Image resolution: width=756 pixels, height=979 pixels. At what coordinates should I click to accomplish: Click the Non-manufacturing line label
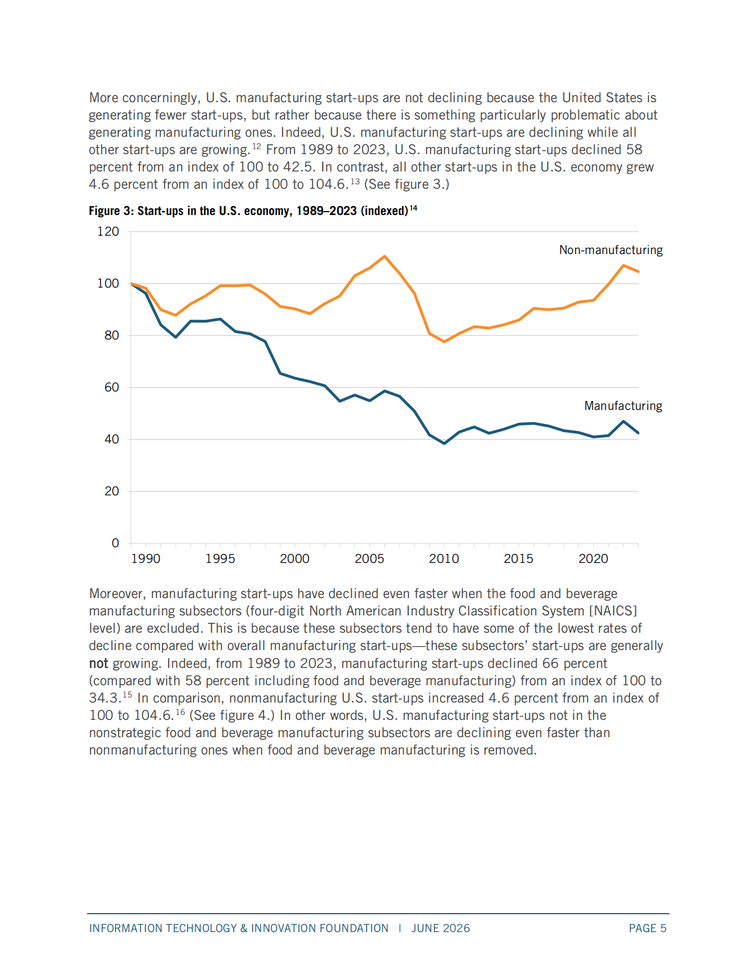coord(611,250)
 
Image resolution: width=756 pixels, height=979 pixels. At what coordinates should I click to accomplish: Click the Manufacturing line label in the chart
coord(623,406)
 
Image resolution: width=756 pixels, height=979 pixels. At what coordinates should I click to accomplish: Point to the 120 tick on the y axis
coord(108,231)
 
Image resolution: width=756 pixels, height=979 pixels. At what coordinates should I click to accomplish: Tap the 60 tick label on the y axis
coord(112,387)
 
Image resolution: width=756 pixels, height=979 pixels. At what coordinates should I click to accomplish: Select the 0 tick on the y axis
coord(116,543)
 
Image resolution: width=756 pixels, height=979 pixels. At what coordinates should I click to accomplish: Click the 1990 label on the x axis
coord(146,558)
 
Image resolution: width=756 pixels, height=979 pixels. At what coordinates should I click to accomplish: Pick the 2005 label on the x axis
coord(370,558)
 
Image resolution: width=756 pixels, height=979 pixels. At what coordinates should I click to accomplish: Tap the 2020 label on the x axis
coord(594,558)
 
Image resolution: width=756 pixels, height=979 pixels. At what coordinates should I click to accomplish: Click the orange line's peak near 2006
coord(385,256)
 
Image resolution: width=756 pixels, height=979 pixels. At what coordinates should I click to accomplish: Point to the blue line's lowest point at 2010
coord(444,443)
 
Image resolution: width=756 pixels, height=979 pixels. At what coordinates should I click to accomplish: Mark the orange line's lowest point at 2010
coord(444,341)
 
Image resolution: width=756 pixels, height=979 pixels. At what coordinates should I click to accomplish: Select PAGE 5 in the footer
coord(648,928)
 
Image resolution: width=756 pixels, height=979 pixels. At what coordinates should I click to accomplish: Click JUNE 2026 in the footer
coord(441,928)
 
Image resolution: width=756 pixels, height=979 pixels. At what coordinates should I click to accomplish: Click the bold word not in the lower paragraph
coord(98,663)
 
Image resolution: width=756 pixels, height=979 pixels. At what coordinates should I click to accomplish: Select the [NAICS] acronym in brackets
coord(613,611)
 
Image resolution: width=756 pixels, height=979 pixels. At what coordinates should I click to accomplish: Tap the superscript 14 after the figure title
coord(414,208)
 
